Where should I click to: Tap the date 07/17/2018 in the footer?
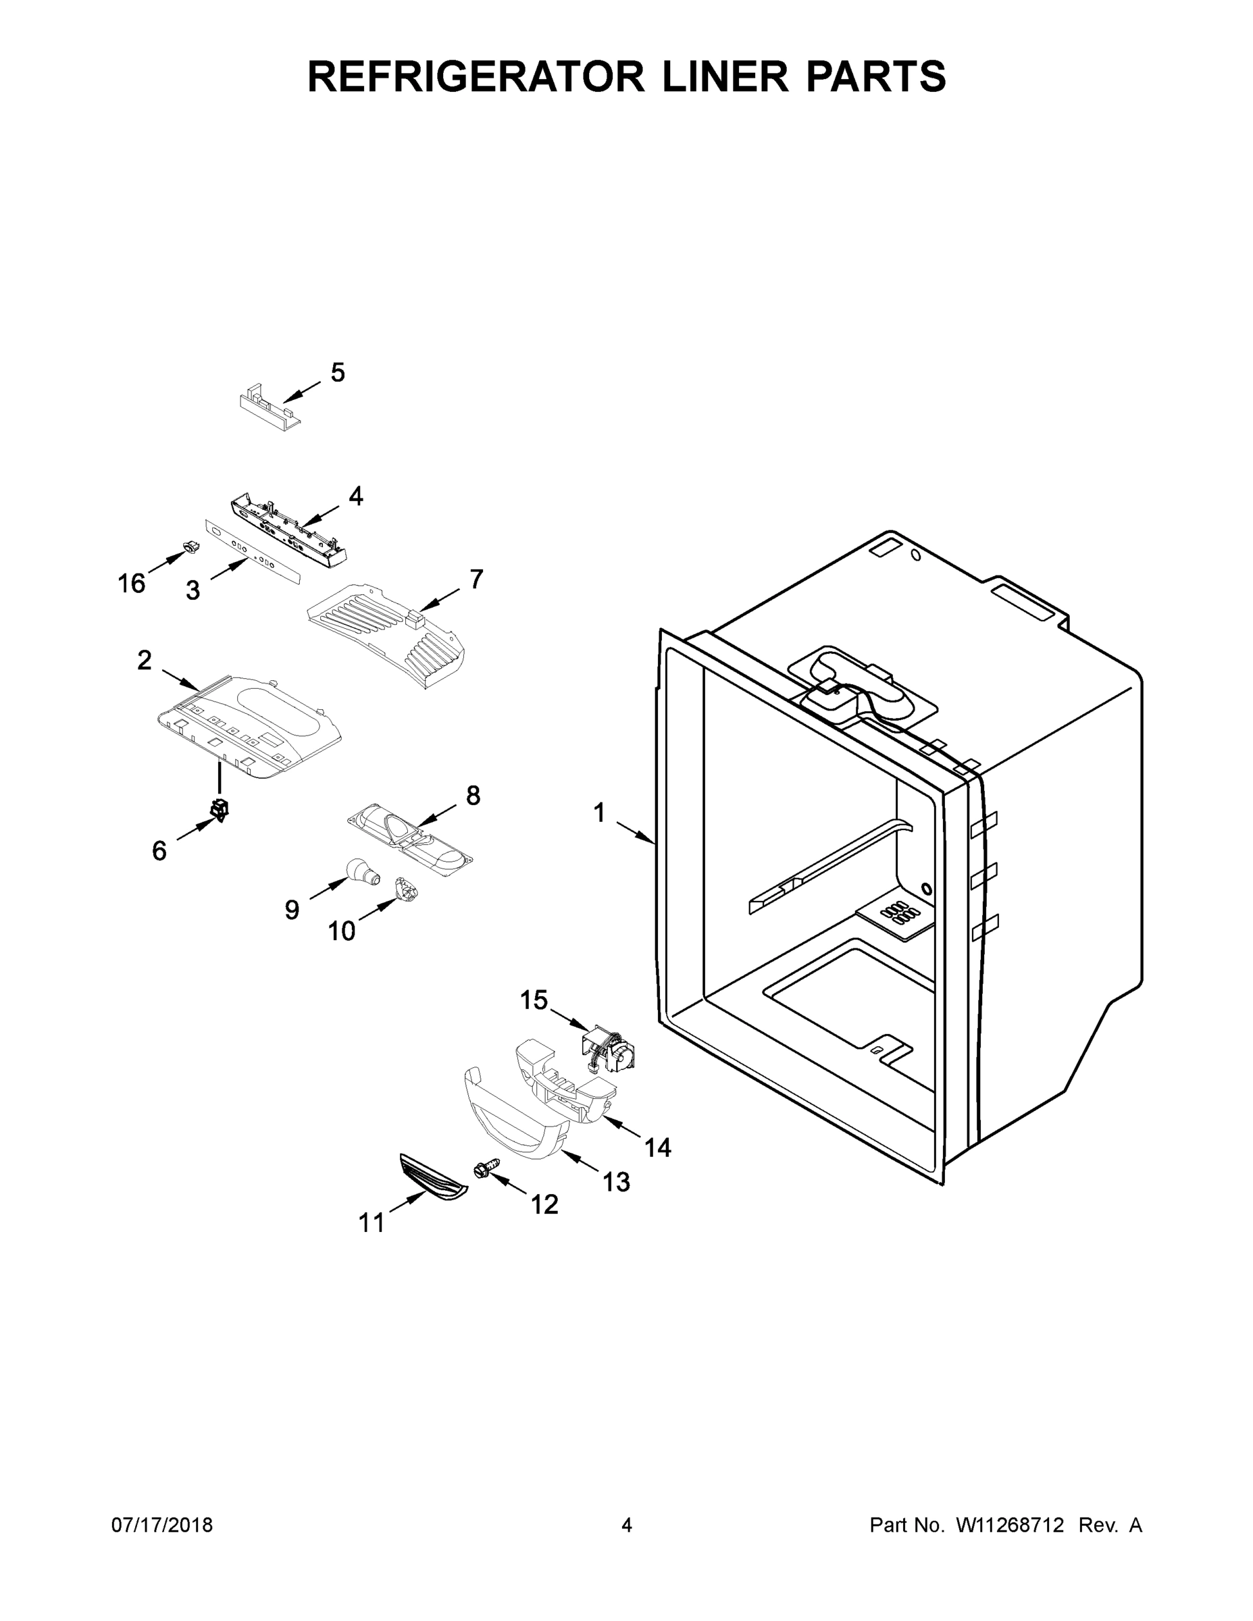[162, 1524]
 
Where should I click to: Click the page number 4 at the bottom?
[627, 1524]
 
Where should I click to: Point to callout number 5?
[338, 373]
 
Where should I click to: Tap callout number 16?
[132, 584]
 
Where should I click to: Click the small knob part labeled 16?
[190, 548]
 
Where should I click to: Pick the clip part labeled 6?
[220, 809]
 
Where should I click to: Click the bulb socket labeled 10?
[405, 888]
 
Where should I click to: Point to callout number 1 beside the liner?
[599, 813]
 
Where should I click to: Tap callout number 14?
[658, 1148]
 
